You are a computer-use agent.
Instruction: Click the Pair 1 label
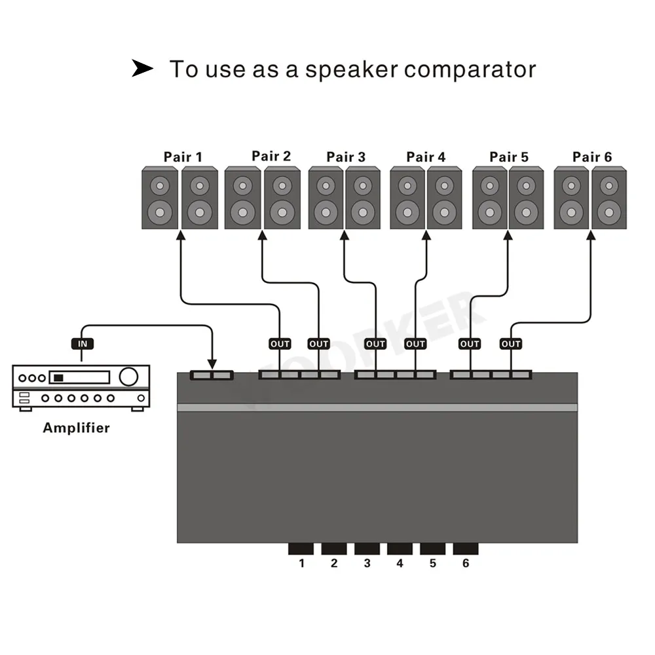coord(183,157)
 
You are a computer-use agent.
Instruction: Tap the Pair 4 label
coord(426,157)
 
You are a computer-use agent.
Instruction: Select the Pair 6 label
coord(592,157)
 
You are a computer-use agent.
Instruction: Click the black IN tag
coord(82,343)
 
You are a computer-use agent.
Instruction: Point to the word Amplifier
coord(76,428)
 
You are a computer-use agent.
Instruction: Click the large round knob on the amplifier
coord(129,376)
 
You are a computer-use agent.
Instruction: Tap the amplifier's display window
coord(81,377)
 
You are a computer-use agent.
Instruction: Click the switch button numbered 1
coord(301,549)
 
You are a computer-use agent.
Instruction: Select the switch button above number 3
coord(367,549)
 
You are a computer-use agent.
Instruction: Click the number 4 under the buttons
coord(400,563)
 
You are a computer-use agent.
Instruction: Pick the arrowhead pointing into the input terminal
coord(212,364)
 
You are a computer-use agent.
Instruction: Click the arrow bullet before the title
coord(142,68)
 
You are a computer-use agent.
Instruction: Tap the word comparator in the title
coord(470,69)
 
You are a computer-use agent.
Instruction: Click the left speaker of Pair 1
coord(160,198)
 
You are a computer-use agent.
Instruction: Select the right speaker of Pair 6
coord(609,198)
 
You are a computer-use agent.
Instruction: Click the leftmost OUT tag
coord(280,343)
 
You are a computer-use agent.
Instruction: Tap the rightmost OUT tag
coord(511,343)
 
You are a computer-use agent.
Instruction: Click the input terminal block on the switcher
coord(212,375)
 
